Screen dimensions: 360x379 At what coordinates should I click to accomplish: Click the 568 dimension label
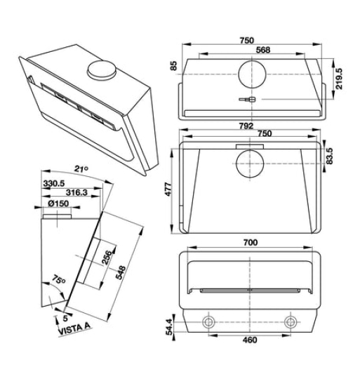pyautogui.click(x=263, y=50)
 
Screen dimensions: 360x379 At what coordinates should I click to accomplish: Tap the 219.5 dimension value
pyautogui.click(x=339, y=79)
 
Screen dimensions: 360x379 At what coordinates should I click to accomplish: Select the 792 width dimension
pyautogui.click(x=246, y=126)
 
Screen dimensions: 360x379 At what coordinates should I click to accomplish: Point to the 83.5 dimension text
pyautogui.click(x=329, y=156)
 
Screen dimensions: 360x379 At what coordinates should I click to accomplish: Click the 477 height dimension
pyautogui.click(x=169, y=189)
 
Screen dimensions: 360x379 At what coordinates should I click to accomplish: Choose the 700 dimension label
pyautogui.click(x=251, y=242)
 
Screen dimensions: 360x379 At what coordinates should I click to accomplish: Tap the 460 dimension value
pyautogui.click(x=250, y=340)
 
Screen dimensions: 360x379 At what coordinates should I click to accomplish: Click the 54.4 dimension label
pyautogui.click(x=170, y=327)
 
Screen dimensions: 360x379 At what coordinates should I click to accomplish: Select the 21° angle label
pyautogui.click(x=81, y=168)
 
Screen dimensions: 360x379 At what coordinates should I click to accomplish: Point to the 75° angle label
pyautogui.click(x=58, y=279)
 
